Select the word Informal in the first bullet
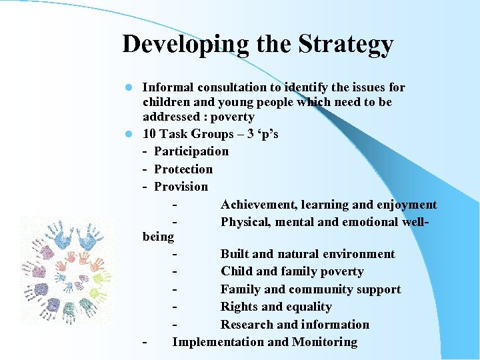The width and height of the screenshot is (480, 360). click(167, 87)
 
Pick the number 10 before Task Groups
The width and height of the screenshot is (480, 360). click(149, 134)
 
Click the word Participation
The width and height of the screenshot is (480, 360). click(191, 151)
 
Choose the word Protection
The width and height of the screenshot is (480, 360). click(183, 169)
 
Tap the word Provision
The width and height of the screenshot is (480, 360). click(181, 187)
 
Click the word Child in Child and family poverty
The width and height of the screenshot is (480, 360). click(237, 272)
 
